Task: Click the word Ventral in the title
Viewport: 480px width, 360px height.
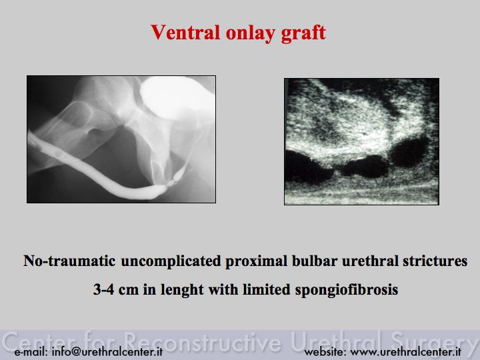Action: coord(185,32)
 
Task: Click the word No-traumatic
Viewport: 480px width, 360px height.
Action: coord(69,261)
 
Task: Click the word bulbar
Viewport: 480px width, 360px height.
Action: coord(315,261)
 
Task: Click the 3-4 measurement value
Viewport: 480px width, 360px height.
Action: coord(103,289)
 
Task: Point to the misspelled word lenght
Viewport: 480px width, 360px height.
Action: coord(183,290)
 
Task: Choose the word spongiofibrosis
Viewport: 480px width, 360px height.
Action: coord(347,290)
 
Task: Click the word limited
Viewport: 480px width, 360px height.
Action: coord(266,289)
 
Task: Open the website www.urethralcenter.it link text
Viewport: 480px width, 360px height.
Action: coord(405,352)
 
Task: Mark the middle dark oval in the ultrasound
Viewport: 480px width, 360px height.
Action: coord(364,167)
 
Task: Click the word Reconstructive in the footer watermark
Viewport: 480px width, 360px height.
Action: coord(203,341)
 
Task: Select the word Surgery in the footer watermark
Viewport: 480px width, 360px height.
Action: coord(435,342)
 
